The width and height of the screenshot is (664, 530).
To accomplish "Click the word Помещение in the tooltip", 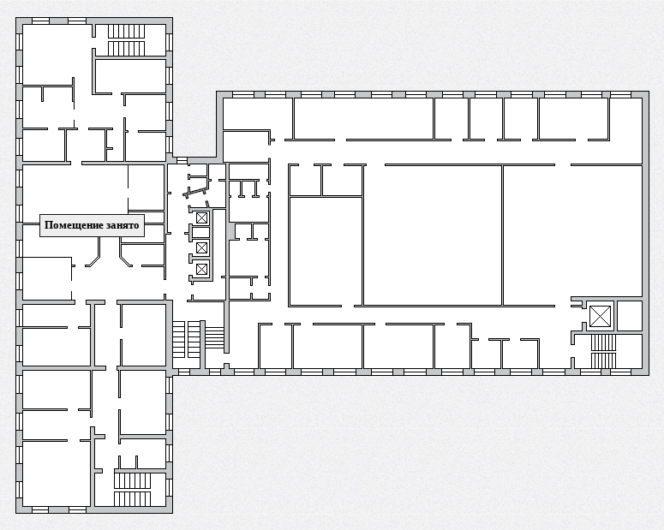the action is [x=70, y=225].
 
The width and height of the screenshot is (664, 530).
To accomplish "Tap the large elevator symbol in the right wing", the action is [x=601, y=316].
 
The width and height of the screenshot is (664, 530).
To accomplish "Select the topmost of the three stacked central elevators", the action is [x=201, y=218].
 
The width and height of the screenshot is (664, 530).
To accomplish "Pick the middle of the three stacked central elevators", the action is [x=201, y=247].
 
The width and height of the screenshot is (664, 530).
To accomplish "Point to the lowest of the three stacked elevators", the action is [x=201, y=269].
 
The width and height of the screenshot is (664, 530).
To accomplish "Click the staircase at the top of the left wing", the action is [x=126, y=40].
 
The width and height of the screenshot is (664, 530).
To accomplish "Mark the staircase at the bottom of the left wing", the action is [x=132, y=490].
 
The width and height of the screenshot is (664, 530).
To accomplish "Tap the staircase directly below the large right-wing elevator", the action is [x=603, y=351].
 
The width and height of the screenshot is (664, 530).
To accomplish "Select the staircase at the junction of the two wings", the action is [x=198, y=340].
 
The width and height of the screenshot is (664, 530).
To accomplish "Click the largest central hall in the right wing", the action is [x=433, y=235].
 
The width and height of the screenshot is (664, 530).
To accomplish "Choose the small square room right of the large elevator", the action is [x=630, y=316].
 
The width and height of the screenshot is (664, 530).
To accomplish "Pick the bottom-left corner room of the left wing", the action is [x=57, y=473].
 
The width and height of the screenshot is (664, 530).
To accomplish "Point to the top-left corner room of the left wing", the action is [x=57, y=54].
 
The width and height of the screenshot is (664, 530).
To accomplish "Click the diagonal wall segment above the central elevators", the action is [x=196, y=191].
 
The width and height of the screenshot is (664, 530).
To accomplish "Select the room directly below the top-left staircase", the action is [x=130, y=76].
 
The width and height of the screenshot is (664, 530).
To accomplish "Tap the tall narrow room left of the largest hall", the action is [x=326, y=252].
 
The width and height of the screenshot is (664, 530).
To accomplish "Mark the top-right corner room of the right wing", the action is [x=626, y=118].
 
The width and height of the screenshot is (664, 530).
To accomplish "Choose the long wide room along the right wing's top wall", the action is [x=364, y=118].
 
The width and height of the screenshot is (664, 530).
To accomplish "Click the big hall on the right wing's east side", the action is [x=572, y=235].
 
